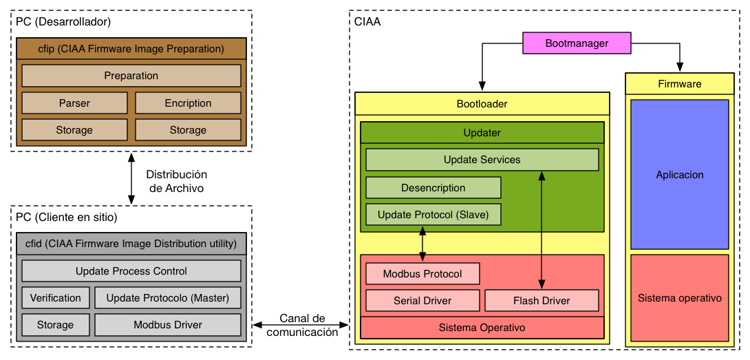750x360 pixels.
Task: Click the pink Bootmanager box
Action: pos(577,43)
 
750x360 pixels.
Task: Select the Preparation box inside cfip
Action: pos(131,76)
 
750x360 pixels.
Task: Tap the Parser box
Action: pos(74,103)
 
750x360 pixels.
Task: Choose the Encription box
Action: pos(188,103)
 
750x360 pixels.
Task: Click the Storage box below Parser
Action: pos(74,129)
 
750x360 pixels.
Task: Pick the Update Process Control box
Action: pos(131,271)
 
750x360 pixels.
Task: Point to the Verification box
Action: pos(56,298)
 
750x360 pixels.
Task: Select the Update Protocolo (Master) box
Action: pos(168,298)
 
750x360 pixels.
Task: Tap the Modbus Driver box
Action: pos(168,325)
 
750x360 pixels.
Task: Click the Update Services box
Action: pos(482,160)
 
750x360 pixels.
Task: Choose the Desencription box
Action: pos(433,188)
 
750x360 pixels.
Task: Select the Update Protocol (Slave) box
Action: pos(433,215)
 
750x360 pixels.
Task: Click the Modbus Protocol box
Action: pos(423,274)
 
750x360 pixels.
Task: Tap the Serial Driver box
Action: pos(423,301)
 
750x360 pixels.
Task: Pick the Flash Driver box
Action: pos(542,301)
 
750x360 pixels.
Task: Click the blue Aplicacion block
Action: pos(680,175)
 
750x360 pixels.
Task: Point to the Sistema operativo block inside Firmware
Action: pos(680,298)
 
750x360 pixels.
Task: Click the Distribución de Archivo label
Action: pos(177,181)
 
